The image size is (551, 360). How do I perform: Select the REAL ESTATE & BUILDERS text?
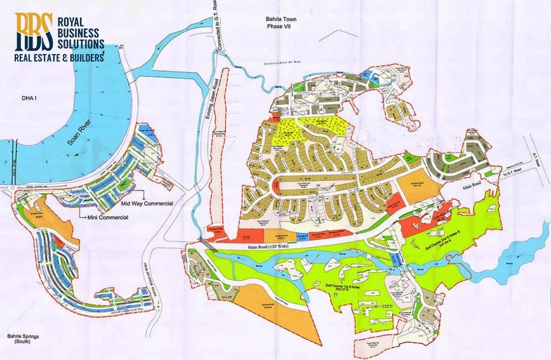[59, 57]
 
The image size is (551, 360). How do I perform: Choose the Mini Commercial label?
[102, 217]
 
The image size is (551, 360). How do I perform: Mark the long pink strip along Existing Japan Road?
[220, 152]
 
